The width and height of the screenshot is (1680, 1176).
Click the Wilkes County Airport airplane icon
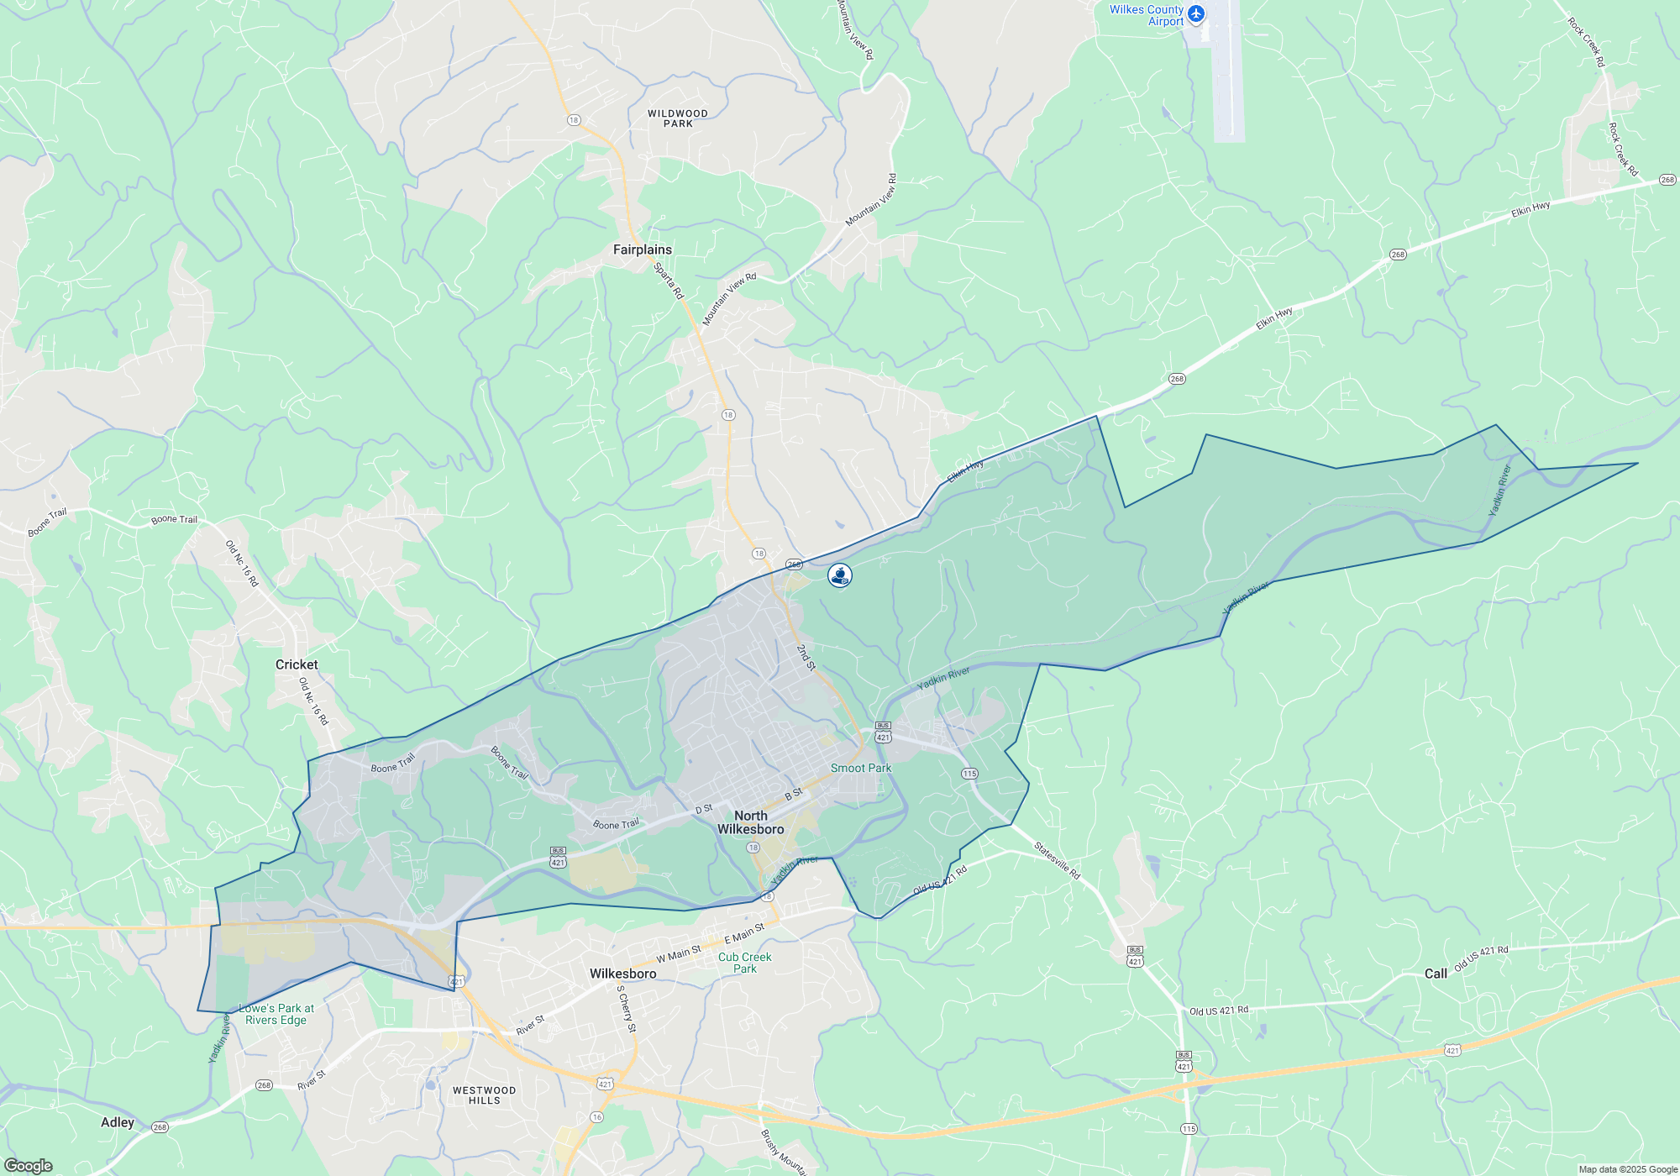1196,14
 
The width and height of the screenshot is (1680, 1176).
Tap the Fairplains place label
642,249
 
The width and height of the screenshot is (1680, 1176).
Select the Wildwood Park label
677,118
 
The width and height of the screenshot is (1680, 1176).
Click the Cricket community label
297,664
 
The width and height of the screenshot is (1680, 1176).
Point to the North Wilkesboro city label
750,822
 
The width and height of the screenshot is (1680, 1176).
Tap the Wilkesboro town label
622,974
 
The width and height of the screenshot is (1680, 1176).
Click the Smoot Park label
860,768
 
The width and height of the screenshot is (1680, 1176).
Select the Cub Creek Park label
744,963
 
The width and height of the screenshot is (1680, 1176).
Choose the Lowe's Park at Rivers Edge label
276,1014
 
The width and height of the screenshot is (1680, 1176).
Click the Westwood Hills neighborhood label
484,1095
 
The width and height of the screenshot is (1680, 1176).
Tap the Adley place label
118,1122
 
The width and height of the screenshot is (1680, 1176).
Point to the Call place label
1436,974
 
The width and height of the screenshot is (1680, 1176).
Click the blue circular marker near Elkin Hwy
840,575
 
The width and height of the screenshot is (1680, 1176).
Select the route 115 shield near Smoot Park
969,774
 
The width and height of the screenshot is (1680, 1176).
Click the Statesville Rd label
1057,861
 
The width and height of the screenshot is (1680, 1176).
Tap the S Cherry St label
627,1008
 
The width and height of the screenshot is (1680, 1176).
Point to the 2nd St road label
806,658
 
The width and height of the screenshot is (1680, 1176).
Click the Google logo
28,1166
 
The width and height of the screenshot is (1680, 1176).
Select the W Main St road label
678,953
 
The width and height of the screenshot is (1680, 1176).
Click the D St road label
703,809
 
